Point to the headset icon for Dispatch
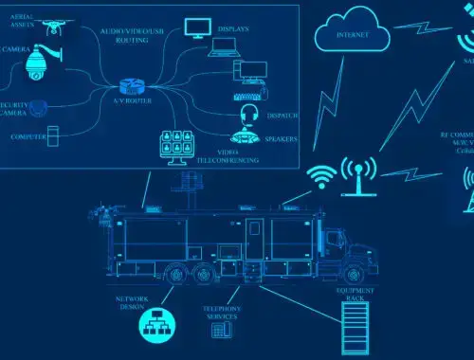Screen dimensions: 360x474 pyautogui.click(x=249, y=115)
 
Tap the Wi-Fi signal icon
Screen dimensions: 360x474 pyautogui.click(x=321, y=175)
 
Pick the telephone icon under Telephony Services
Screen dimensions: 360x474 pyautogui.click(x=224, y=332)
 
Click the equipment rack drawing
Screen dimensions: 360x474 pyautogui.click(x=355, y=328)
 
